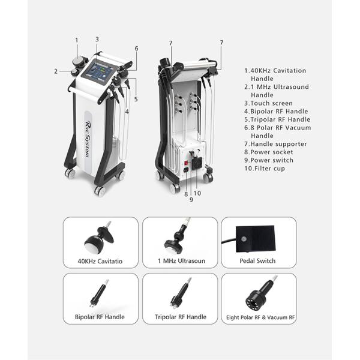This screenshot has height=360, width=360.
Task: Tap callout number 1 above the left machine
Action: pos(77,40)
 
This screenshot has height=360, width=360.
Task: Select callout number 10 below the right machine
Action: pos(197,193)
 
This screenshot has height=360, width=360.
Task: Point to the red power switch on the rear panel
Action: pos(186,163)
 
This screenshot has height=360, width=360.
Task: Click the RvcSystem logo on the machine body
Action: pos(88,139)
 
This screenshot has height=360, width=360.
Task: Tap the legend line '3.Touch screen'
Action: pos(268,103)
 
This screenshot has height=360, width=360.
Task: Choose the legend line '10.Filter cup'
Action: pos(265,169)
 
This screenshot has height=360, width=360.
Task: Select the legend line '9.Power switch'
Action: pos(269,160)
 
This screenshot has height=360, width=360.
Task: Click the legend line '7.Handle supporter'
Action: pos(275,144)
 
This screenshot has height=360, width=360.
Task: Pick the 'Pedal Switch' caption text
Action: pos(257,261)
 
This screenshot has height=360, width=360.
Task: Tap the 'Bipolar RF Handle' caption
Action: pos(100,317)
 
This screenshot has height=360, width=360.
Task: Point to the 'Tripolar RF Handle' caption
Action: pos(181,317)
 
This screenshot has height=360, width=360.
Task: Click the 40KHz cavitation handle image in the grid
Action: pos(100,238)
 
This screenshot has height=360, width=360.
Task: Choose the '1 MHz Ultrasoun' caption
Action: pos(181,261)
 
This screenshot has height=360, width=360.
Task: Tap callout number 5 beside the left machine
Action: pos(136,99)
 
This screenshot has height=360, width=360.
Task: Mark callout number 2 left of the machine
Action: pos(56,71)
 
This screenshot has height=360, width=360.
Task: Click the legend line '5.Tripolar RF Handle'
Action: pos(277,119)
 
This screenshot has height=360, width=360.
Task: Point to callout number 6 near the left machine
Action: pos(136,49)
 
